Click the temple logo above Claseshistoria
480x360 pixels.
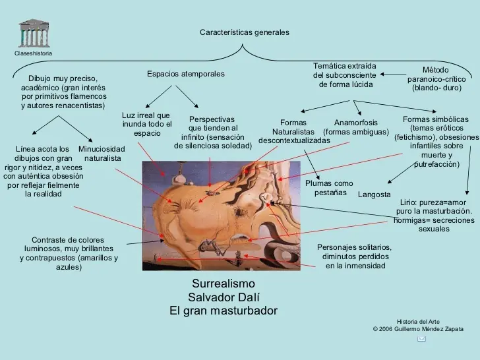tap(34, 34)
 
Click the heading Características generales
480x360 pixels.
tap(244, 32)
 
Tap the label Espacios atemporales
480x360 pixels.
tap(186, 74)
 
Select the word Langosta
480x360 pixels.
tap(374, 195)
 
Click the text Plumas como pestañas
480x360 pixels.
tap(330, 188)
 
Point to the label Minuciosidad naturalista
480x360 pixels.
tap(102, 154)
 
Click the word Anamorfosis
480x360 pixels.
tap(356, 123)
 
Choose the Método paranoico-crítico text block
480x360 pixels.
tap(436, 79)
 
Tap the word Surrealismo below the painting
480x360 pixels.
tap(224, 284)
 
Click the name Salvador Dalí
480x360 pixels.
tap(224, 297)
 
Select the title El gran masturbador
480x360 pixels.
tap(224, 311)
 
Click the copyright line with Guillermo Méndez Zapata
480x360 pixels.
tap(418, 329)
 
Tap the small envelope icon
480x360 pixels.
tap(421, 339)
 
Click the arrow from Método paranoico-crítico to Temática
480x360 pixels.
tap(393, 74)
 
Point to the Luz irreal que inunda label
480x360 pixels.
tap(147, 124)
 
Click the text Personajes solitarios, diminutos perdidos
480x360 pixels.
tap(355, 256)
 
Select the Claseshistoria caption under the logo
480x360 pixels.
tap(34, 53)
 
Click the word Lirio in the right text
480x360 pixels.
tap(407, 202)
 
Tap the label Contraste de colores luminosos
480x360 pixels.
tap(69, 253)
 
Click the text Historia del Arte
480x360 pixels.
tap(418, 322)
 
